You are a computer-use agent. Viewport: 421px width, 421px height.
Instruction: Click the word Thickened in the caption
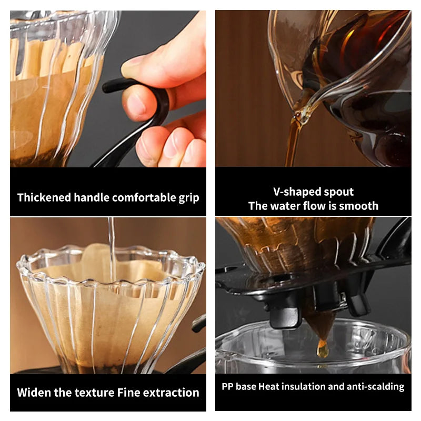pyautogui.click(x=45, y=197)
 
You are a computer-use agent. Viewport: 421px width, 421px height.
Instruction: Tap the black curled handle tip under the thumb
pyautogui.click(x=109, y=86)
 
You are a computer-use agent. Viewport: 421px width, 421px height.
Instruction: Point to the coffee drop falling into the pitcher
pyautogui.click(x=322, y=349)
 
